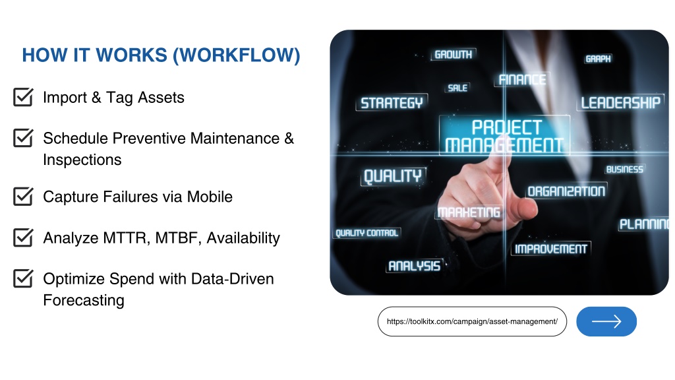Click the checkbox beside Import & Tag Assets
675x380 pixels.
(23, 97)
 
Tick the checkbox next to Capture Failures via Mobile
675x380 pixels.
(23, 196)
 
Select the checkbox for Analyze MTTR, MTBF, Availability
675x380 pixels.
(23, 237)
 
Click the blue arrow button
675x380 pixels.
(606, 321)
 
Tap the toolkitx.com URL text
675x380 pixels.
(472, 321)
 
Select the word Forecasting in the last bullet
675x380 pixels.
(84, 300)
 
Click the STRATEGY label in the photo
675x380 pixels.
(392, 103)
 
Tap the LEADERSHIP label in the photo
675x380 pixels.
(620, 102)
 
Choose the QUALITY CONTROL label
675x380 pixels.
(367, 233)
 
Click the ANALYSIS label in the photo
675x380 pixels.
(414, 267)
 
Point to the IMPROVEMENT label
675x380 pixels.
(550, 249)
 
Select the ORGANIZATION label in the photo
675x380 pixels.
(566, 191)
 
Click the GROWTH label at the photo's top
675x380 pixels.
(453, 55)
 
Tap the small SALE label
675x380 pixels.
(457, 88)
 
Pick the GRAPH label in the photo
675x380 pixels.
(598, 59)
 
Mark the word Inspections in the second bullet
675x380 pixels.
(82, 160)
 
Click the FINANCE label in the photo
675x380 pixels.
(522, 80)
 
